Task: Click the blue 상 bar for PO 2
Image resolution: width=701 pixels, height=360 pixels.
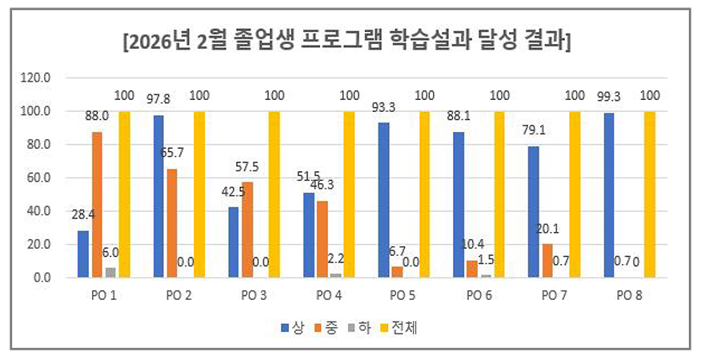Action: (x=159, y=196)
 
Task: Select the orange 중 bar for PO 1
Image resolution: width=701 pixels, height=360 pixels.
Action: (x=97, y=204)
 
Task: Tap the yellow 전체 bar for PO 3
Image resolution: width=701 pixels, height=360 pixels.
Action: (x=274, y=194)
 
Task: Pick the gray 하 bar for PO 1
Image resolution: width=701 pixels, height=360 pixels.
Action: (x=110, y=272)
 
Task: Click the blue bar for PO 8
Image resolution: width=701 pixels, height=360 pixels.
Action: (x=610, y=195)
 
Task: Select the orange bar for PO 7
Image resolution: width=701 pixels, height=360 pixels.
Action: (x=547, y=260)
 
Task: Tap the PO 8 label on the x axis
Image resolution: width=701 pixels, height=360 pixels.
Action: (x=627, y=295)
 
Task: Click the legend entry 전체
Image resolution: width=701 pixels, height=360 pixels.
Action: (x=405, y=327)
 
